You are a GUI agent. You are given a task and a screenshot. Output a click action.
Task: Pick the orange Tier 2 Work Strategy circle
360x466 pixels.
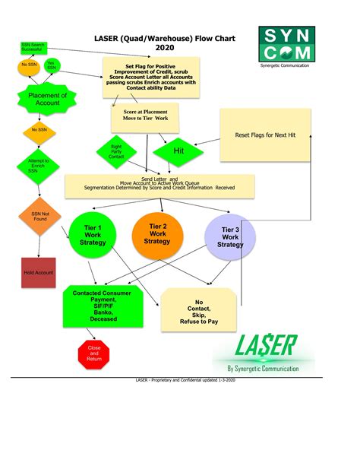tap(157, 235)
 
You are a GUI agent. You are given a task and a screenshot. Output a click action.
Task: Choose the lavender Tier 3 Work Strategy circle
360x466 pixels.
tap(230, 238)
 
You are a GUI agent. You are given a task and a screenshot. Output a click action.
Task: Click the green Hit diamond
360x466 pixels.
tap(179, 151)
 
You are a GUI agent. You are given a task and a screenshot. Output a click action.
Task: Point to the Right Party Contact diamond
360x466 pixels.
tap(116, 152)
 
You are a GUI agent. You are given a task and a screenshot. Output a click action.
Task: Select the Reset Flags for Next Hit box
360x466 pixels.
tap(265, 135)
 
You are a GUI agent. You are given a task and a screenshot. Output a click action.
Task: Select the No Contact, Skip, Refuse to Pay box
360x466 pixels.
tap(199, 311)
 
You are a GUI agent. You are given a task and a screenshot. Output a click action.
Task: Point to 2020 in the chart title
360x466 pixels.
tap(165, 47)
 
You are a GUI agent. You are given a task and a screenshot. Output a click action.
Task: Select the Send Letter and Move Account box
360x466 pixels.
tap(159, 183)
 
